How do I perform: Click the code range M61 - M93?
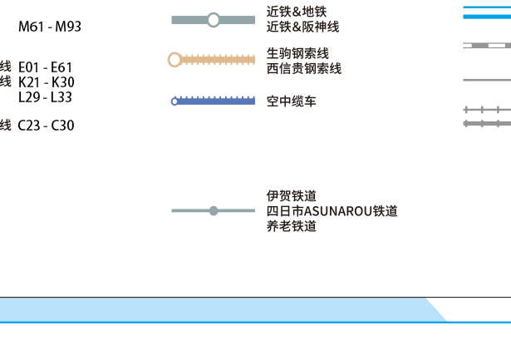coord(50,27)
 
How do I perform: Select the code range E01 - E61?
coord(46,67)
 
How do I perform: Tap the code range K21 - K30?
coord(46,81)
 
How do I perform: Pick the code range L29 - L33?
coord(45,96)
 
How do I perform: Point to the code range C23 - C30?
coord(46,126)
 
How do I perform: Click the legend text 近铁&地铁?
coord(297,12)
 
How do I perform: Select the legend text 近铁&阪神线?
coord(302,27)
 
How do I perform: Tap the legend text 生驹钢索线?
coord(297,54)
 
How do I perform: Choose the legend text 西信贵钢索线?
coord(303,68)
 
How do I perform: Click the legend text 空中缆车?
coord(291,101)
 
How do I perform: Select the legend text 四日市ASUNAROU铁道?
coord(332,211)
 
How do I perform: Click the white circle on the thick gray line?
coord(214,20)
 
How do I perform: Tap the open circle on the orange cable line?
coord(174,60)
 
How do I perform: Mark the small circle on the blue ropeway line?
coord(174,101)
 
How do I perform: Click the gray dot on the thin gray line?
coord(214,211)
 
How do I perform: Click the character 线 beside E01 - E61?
coord(6,67)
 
